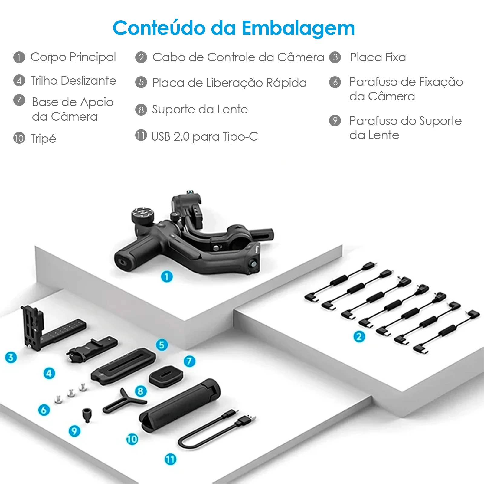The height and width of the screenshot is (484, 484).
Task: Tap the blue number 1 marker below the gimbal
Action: [167, 276]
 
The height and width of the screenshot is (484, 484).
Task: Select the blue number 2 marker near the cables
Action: [359, 336]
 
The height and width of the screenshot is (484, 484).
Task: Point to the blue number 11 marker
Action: [170, 459]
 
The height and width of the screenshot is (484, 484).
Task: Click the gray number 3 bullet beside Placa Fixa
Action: [335, 57]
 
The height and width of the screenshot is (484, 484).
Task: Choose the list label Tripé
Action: [43, 139]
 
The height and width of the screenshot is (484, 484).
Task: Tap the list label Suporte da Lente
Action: [200, 110]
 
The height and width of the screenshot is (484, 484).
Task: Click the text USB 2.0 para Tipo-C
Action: [204, 137]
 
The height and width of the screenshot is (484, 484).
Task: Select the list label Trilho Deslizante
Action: [73, 81]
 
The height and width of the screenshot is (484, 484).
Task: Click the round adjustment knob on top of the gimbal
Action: [143, 214]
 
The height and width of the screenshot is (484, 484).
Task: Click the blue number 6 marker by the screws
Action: [44, 410]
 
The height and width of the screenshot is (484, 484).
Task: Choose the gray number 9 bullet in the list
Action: [335, 120]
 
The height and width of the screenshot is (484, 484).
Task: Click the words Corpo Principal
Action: [73, 57]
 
